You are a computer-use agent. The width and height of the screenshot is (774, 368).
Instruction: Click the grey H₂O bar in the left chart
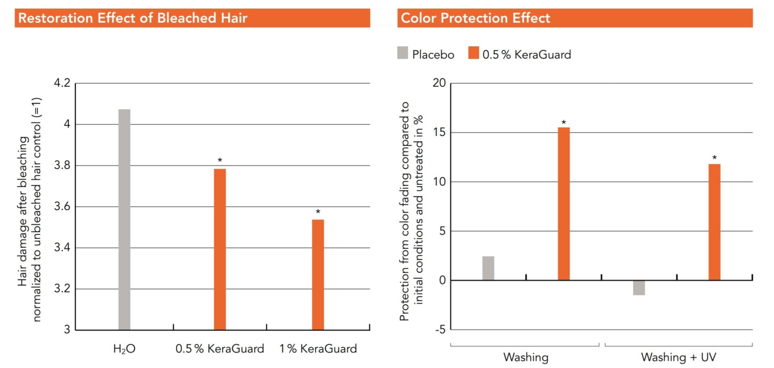(x=124, y=220)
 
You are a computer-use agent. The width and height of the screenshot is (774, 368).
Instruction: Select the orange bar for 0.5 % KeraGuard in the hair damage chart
(x=220, y=249)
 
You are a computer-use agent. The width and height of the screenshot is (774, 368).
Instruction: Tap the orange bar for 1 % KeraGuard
(x=318, y=274)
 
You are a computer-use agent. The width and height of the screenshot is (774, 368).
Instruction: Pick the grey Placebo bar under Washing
(x=488, y=268)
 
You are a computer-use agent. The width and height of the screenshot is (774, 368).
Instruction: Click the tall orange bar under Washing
(x=564, y=204)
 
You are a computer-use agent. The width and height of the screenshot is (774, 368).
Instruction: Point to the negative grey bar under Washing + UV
(x=639, y=288)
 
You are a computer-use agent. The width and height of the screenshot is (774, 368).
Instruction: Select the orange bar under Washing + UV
(x=714, y=222)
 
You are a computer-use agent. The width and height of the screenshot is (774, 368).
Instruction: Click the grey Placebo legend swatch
(x=402, y=53)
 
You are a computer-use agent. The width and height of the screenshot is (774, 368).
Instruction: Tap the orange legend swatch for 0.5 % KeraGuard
(x=473, y=53)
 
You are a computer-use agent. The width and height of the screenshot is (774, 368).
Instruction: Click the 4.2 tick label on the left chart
(x=62, y=83)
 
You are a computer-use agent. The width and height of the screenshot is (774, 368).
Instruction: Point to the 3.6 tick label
(x=62, y=206)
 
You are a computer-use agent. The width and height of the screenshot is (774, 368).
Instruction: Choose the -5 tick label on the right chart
(x=440, y=330)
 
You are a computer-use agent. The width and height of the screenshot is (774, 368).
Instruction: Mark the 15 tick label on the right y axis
(x=439, y=132)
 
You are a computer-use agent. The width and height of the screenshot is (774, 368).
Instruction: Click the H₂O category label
(x=124, y=349)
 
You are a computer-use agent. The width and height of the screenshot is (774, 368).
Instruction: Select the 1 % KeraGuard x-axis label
(x=318, y=349)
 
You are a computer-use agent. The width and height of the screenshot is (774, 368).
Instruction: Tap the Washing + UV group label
(x=678, y=357)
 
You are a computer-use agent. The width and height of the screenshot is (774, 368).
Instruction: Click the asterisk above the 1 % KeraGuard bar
(x=318, y=212)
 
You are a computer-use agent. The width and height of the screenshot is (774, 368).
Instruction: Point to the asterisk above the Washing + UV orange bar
(x=714, y=158)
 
